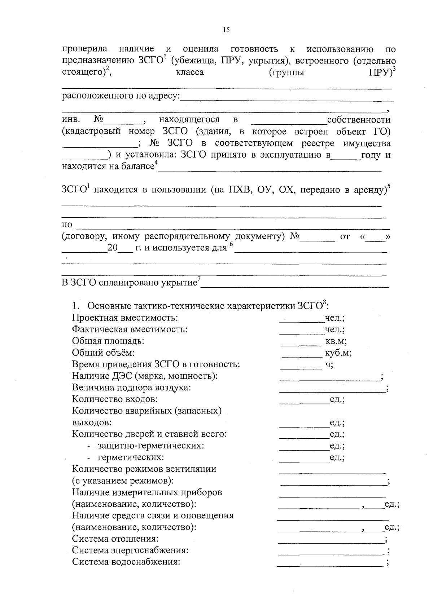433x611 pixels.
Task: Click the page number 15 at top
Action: coord(226,30)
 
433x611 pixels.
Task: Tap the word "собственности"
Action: coord(358,120)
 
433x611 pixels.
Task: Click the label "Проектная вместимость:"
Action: coord(125,318)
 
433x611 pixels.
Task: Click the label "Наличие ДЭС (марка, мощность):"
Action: coord(145,376)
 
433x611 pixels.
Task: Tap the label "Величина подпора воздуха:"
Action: coord(131,388)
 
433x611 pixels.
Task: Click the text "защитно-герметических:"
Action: coord(151,446)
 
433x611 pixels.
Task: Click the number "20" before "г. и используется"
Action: coord(113,248)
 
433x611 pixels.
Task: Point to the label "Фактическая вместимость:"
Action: coord(130,329)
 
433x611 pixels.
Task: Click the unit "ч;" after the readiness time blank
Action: coord(329,364)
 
